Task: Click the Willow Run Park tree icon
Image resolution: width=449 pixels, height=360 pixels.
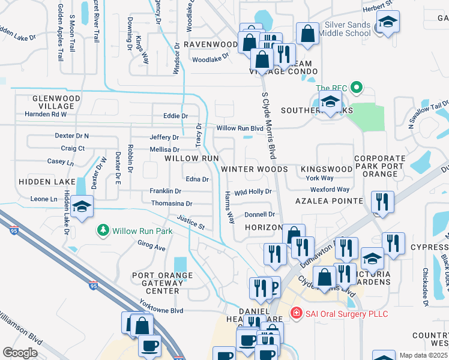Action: (103, 230)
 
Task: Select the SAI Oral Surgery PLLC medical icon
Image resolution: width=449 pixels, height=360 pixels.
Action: (295, 313)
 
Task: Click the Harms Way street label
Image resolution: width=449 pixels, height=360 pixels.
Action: (229, 207)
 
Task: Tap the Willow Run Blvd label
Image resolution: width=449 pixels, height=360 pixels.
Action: (240, 128)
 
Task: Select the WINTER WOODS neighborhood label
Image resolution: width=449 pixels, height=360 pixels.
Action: (255, 169)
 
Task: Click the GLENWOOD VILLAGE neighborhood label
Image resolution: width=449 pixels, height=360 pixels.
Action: (53, 102)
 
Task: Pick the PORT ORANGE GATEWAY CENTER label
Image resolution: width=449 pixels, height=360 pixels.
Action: (163, 283)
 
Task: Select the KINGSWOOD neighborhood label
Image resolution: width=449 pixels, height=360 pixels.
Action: (327, 169)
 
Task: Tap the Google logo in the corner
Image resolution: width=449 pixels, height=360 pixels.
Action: (20, 353)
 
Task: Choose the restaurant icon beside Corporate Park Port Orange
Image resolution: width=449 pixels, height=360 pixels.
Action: (382, 202)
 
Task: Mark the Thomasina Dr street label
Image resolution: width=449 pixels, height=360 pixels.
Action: (171, 203)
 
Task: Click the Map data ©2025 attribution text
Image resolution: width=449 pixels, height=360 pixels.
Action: (424, 355)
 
